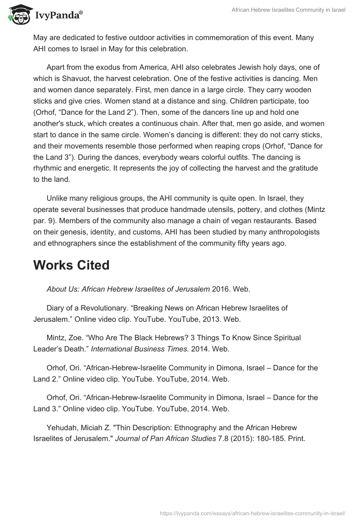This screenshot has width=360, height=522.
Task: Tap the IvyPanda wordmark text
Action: (59, 15)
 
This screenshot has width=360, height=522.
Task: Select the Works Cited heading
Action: (71, 265)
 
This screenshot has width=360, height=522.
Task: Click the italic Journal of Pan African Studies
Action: (165, 439)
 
